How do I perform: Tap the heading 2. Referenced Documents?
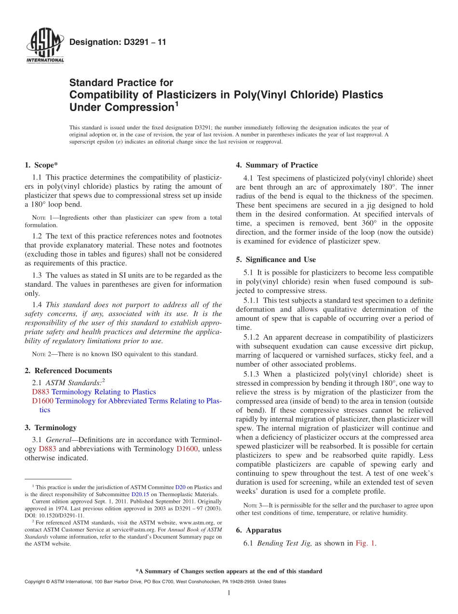[x=68, y=371]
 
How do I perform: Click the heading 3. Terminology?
[x=50, y=428]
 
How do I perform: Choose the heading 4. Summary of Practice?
[x=277, y=165]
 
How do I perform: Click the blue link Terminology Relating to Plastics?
[x=104, y=392]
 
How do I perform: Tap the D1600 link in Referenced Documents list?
[x=42, y=401]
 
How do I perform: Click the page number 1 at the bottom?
[x=229, y=593]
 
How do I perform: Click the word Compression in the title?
[x=140, y=107]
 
